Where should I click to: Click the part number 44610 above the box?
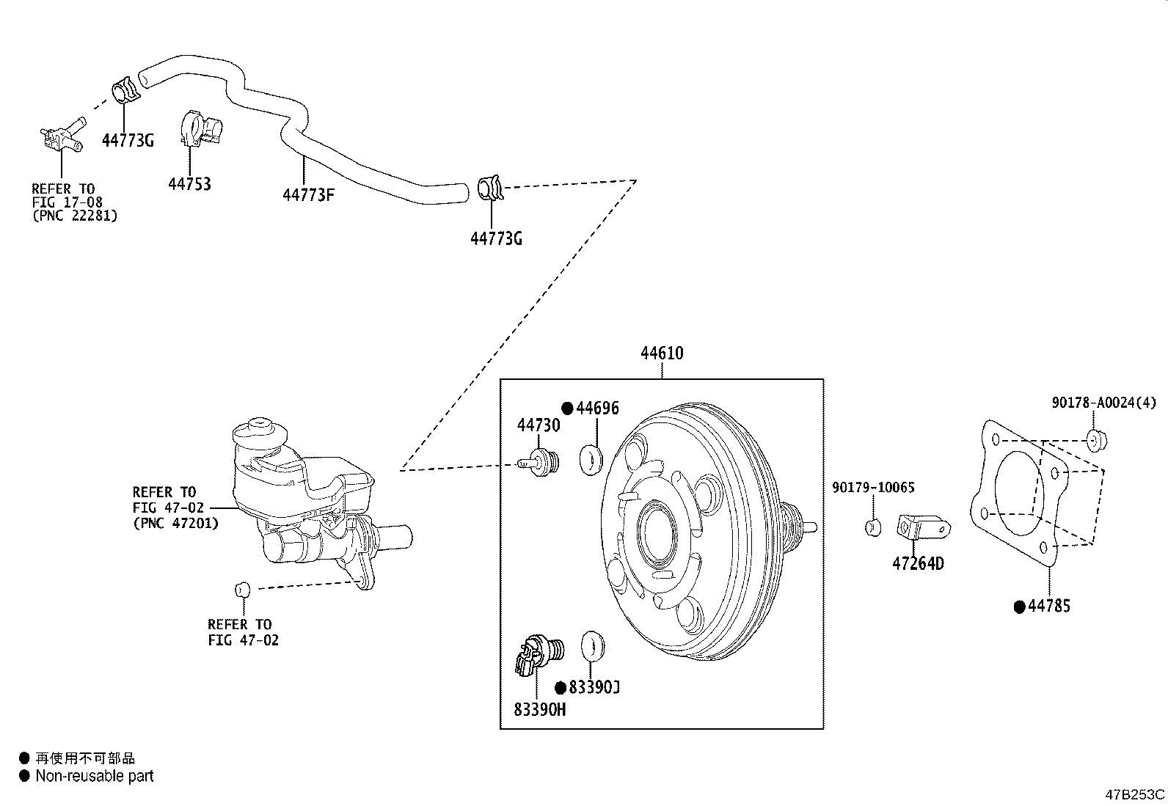(661, 353)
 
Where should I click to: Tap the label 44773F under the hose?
(309, 195)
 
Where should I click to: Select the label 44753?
(189, 184)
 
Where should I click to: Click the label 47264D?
(918, 564)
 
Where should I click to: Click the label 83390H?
(539, 710)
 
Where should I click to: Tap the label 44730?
(538, 425)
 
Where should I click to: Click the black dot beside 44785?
(1019, 607)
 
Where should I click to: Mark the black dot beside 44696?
(567, 409)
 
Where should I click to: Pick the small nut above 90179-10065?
(873, 527)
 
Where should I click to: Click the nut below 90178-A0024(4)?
(1097, 440)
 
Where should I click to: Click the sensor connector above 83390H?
(535, 653)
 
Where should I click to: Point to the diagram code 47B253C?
(1135, 794)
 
